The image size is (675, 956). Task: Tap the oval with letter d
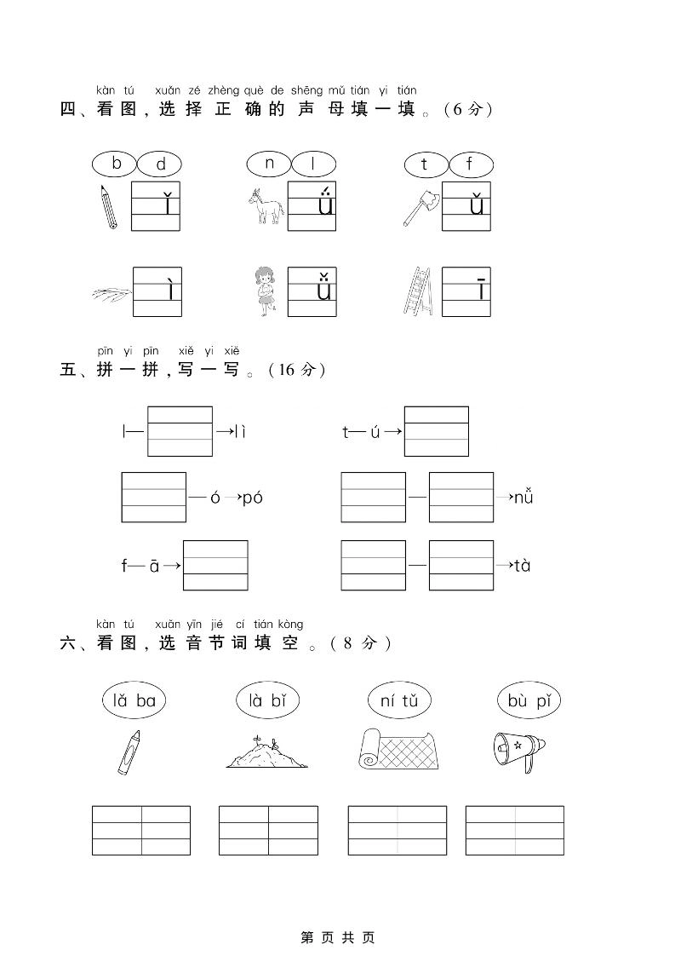[x=160, y=164]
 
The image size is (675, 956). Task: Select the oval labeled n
[x=270, y=163]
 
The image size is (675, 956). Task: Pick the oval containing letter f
[x=469, y=164]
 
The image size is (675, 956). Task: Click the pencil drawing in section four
[x=108, y=206]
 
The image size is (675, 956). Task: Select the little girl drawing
[x=266, y=291]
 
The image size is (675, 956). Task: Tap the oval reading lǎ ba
[x=134, y=701]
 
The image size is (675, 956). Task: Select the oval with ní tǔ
[x=399, y=701]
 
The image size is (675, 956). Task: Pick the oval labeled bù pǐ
[x=529, y=701]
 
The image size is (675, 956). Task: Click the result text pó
[x=253, y=498]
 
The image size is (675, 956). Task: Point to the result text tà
[x=522, y=565]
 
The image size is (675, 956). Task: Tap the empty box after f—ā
[x=215, y=565]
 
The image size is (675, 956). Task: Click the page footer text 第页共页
[x=338, y=937]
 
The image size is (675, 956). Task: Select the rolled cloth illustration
[x=398, y=750]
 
